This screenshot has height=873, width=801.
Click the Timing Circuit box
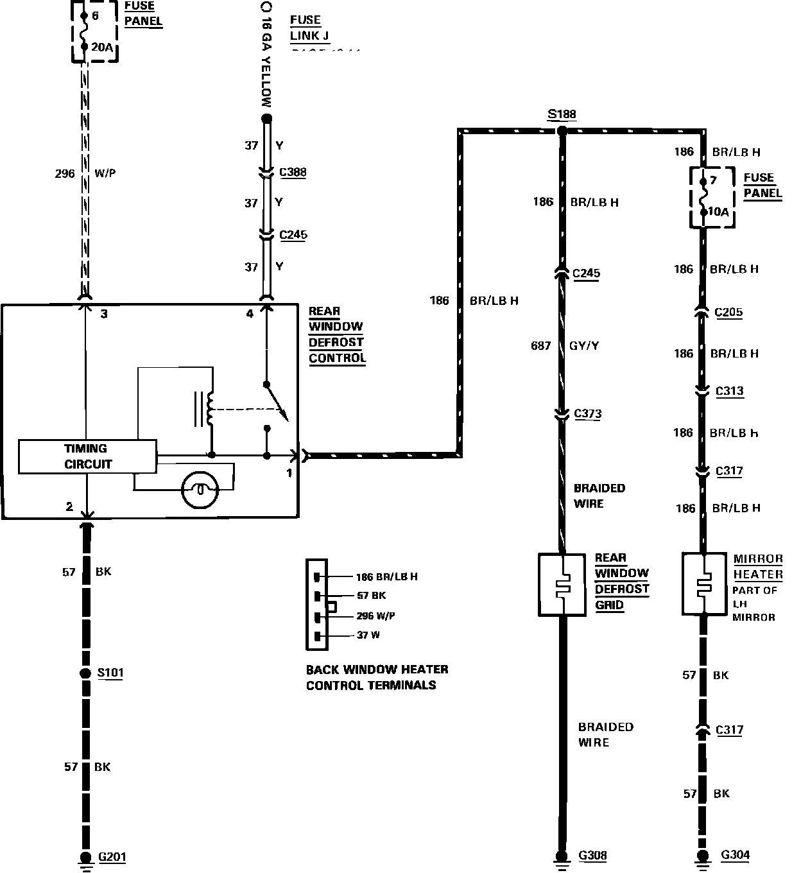87,456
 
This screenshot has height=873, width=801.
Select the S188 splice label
562,115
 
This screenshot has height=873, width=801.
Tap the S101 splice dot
85,673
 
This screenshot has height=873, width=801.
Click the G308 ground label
592,855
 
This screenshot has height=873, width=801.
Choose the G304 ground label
735,855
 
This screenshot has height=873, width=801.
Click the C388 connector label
293,172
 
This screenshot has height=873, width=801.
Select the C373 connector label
588,414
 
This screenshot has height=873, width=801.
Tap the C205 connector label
728,313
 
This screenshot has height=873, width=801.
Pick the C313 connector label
729,391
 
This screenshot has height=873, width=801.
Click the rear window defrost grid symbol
562,585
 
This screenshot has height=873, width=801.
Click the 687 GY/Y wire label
565,346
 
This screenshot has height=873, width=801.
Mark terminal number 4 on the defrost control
250,314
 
